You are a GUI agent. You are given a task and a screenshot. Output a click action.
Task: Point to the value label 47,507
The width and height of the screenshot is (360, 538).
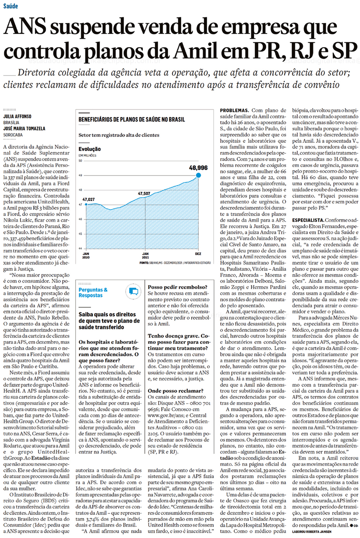[x=144, y=193]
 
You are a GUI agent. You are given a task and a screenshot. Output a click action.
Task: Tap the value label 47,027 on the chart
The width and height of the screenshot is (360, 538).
[x=88, y=199]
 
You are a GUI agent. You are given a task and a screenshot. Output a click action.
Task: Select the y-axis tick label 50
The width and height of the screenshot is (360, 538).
[x=80, y=160]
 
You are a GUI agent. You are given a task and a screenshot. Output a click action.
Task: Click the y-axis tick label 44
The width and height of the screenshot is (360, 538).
[x=80, y=248]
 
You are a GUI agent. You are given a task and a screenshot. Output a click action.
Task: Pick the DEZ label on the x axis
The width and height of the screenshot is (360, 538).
[x=198, y=254]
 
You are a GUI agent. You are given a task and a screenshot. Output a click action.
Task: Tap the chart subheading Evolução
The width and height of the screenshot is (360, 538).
[x=90, y=149]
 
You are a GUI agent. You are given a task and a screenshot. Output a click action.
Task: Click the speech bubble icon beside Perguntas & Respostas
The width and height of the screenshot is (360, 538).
[x=133, y=292]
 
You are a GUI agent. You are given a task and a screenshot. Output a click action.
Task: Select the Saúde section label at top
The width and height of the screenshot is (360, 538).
[x=10, y=6]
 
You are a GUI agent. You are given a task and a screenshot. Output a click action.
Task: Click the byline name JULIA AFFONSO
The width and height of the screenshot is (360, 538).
[x=17, y=116]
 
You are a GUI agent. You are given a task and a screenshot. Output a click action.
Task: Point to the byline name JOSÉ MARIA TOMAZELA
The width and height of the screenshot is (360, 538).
[x=24, y=129]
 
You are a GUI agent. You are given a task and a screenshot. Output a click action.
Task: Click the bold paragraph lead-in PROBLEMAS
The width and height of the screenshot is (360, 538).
[x=234, y=110]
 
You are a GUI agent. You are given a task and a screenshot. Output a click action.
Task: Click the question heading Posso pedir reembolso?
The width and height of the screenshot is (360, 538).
[x=177, y=287]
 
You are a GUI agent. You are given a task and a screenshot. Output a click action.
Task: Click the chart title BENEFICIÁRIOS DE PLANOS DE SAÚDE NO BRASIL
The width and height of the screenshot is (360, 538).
[x=132, y=120]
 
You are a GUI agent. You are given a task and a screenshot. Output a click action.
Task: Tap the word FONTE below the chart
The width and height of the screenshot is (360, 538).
[x=143, y=263]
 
